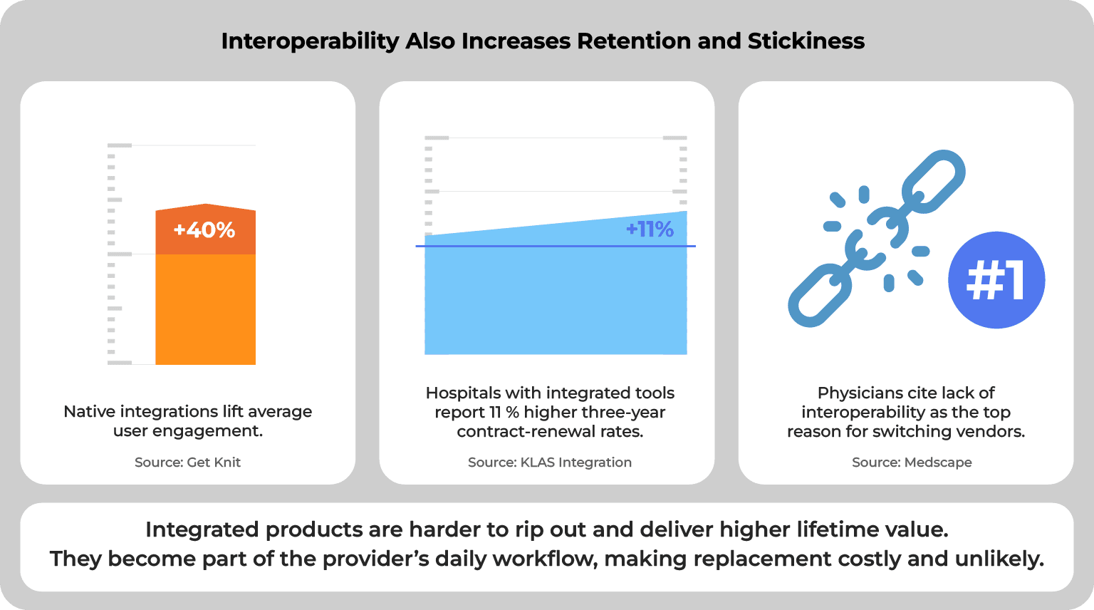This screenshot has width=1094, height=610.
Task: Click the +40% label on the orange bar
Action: click(x=204, y=230)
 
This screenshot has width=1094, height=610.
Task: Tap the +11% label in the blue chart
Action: click(x=650, y=229)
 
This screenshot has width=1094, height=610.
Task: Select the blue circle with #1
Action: click(x=996, y=280)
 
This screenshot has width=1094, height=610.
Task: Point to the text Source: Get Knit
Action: click(x=187, y=462)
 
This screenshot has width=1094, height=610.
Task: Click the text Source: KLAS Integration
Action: click(x=549, y=462)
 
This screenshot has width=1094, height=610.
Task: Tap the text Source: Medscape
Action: click(x=912, y=462)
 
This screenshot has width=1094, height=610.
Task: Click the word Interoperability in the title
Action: click(x=310, y=41)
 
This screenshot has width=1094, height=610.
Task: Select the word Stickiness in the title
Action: click(x=806, y=41)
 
